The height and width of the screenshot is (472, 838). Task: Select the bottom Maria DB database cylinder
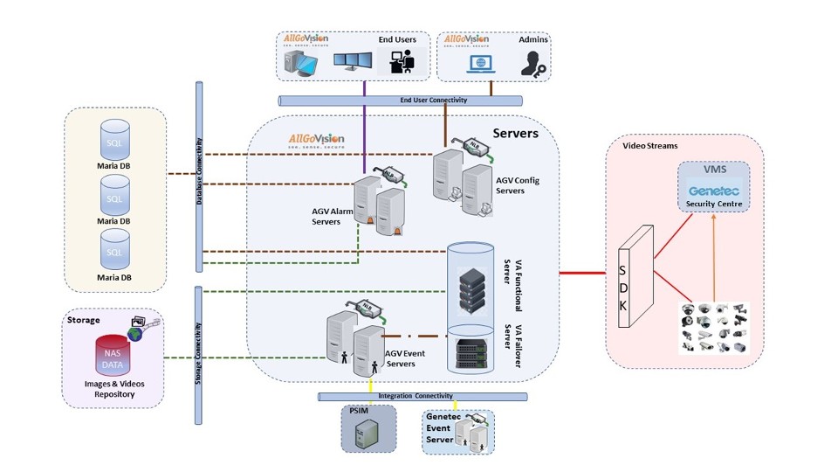113,251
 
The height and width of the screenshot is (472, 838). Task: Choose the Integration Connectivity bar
423,396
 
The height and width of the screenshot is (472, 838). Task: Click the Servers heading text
515,134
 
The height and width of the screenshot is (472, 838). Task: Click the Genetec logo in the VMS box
714,191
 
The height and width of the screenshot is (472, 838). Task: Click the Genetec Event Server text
440,428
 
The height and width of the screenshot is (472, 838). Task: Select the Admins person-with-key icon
532,63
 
